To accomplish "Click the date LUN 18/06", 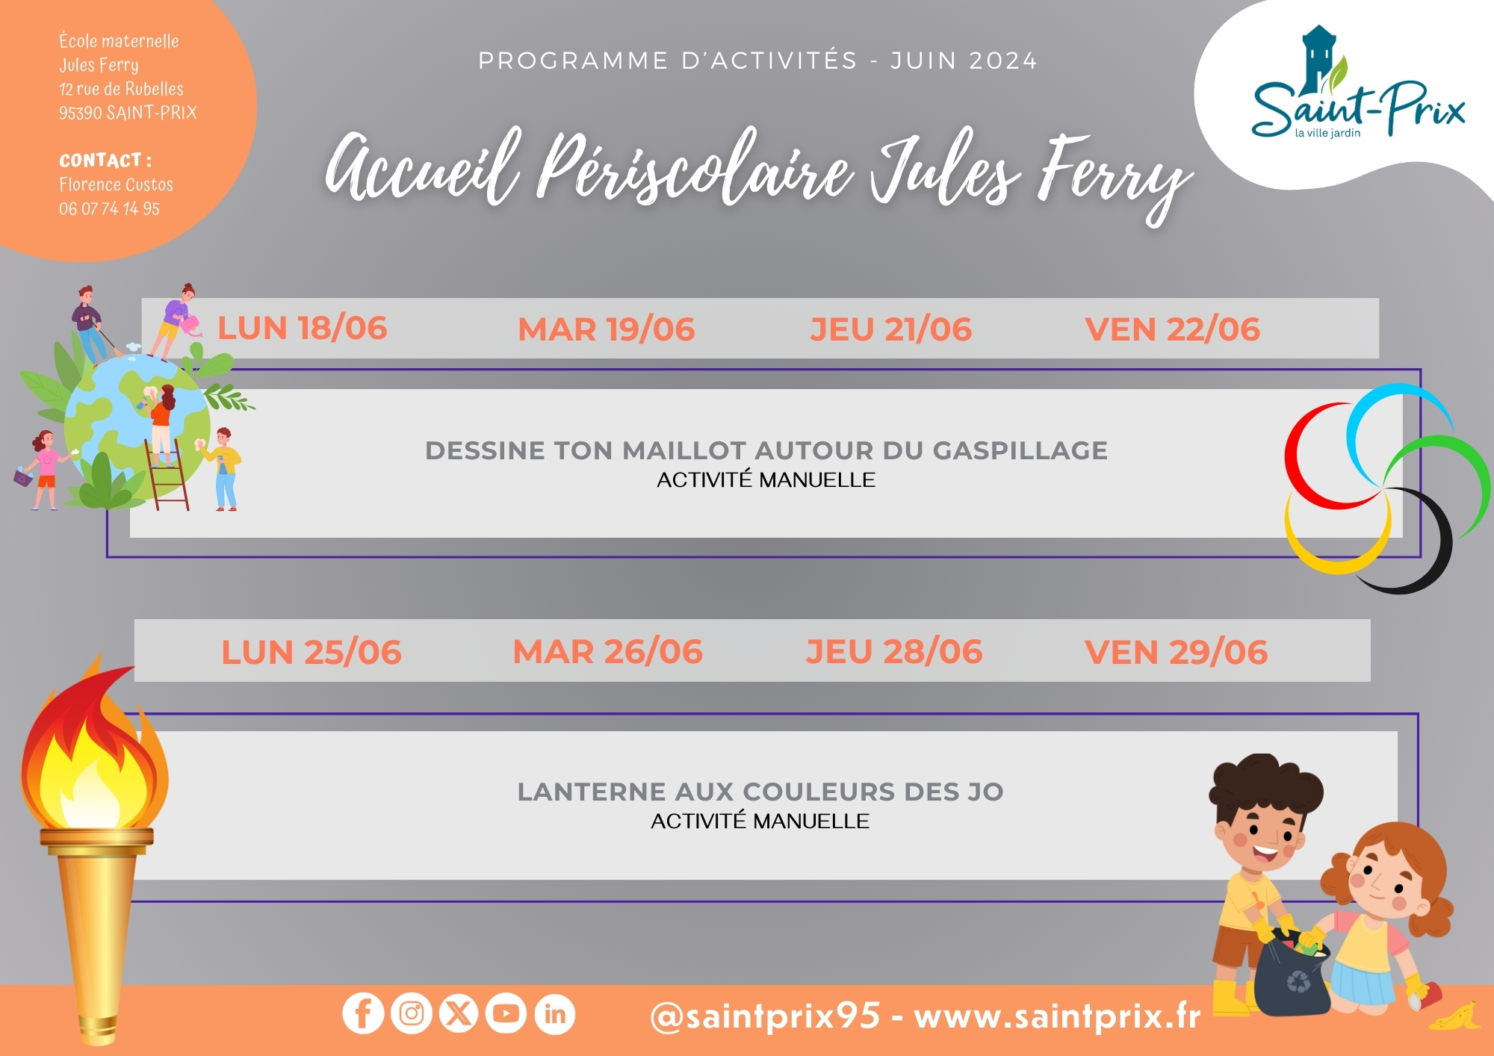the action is click(303, 328).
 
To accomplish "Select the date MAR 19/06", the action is click(607, 329).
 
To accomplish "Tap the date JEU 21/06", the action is click(891, 329).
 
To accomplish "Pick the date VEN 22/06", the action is click(1173, 329).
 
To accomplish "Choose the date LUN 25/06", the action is click(311, 652).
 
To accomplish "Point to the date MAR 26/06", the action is click(608, 651).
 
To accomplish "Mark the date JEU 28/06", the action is click(894, 651).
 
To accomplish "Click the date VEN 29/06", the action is click(1177, 652).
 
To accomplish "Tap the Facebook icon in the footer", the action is click(363, 1013).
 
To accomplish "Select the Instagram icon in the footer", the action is click(412, 1013).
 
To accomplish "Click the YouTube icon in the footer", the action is click(506, 1013).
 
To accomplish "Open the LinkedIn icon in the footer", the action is click(555, 1013).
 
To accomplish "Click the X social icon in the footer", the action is click(459, 1013).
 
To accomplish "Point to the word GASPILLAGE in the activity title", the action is click(1020, 450).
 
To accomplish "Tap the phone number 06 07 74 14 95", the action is click(109, 208).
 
